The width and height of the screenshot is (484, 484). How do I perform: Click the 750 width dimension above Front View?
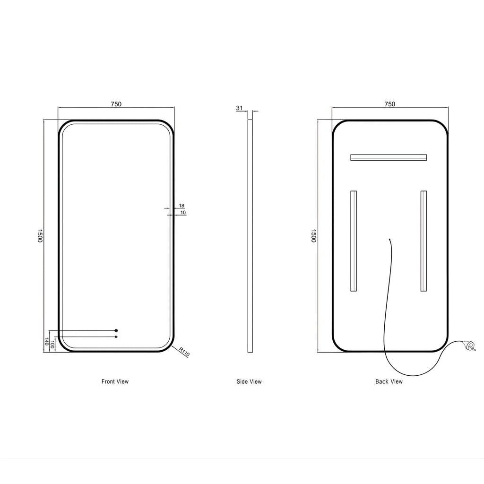116,104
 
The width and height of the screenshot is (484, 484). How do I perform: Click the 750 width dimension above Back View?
390,104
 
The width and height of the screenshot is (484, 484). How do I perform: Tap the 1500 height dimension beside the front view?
40,236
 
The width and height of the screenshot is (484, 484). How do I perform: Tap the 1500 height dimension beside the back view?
314,236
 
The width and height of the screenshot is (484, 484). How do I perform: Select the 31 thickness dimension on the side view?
239,108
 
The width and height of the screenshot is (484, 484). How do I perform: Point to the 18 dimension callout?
181,206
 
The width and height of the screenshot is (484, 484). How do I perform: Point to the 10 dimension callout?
183,212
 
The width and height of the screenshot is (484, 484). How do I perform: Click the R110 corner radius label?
184,352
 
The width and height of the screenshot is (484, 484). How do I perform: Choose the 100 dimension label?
52,345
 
